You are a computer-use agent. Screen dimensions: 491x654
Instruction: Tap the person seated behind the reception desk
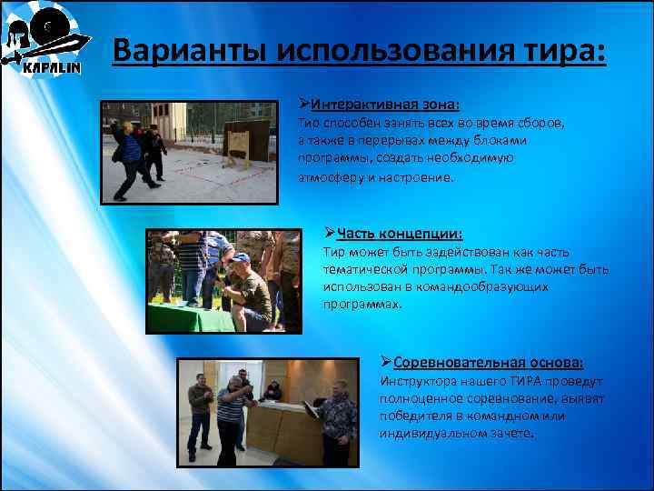[272, 391]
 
